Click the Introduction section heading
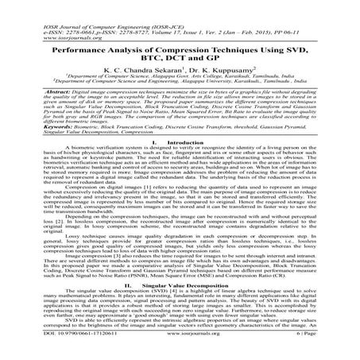[191, 141]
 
